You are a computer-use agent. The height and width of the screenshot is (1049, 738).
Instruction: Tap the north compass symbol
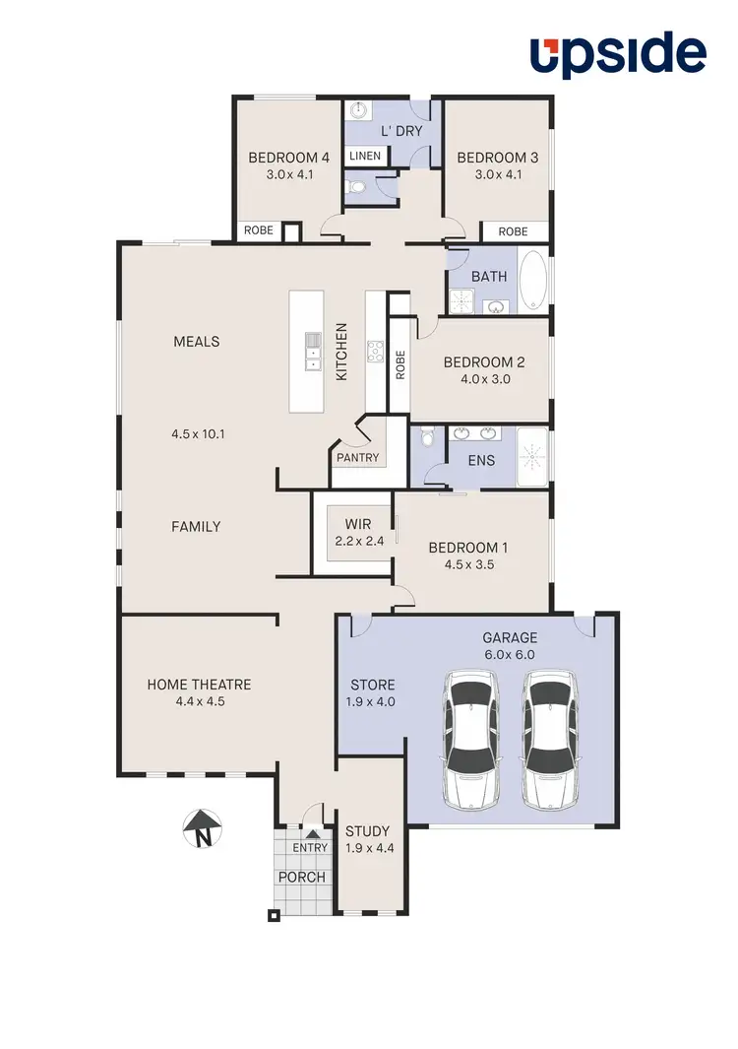tap(202, 828)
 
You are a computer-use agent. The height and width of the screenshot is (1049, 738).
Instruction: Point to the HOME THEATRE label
tap(199, 685)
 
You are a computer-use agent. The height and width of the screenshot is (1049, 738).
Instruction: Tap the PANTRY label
tap(356, 458)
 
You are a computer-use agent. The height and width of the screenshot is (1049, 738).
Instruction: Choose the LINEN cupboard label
tap(365, 157)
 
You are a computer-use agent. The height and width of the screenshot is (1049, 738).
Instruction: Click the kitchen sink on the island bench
tap(313, 351)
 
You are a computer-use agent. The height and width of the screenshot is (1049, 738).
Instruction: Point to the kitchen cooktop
tap(375, 352)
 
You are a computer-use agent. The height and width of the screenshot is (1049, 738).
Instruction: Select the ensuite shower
tap(531, 457)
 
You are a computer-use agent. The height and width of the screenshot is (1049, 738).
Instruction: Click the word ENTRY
tap(310, 848)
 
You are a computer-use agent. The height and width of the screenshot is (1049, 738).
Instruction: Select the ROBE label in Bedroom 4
tap(258, 231)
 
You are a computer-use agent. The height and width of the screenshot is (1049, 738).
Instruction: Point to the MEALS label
tap(196, 342)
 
